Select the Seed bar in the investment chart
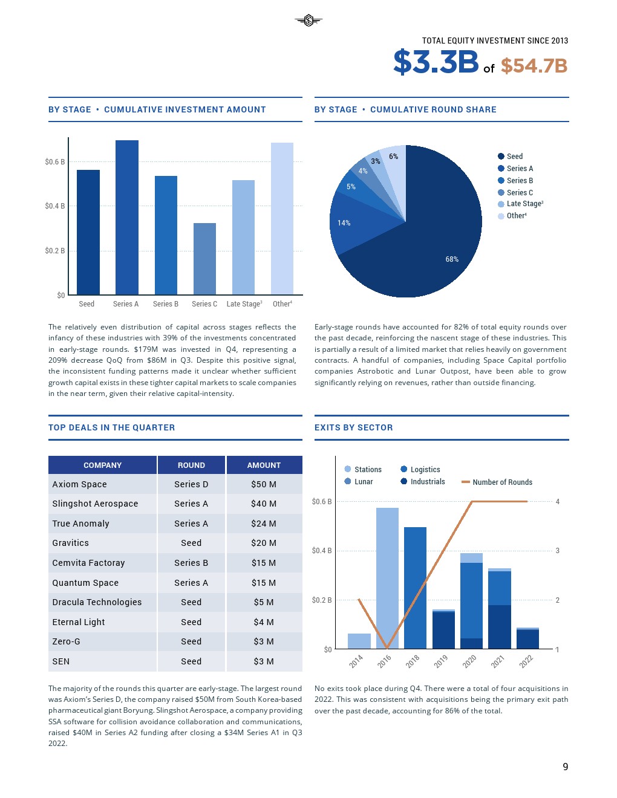click(88, 232)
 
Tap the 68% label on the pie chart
click(452, 259)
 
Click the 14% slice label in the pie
click(344, 223)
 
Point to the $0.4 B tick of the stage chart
click(54, 206)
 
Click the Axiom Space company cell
click(79, 484)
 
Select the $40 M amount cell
click(264, 504)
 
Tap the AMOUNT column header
click(264, 465)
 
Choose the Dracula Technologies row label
click(97, 602)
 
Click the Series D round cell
click(191, 484)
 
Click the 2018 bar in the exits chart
click(415, 588)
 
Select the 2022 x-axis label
click(526, 661)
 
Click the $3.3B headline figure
click(436, 62)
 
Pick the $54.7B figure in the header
click(534, 66)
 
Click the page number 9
click(566, 767)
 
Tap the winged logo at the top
click(308, 21)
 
